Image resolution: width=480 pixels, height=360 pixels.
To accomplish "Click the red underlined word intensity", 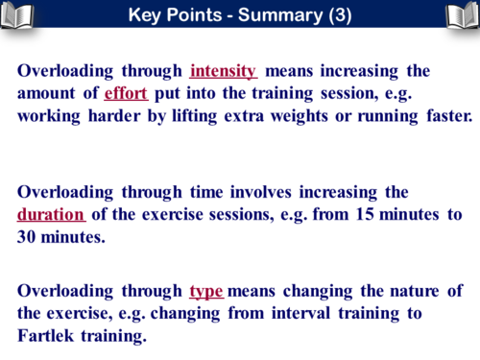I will coord(223,71).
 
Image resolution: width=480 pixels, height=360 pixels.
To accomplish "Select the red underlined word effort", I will coord(125,94).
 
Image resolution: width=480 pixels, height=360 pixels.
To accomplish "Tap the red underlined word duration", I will coord(51,213).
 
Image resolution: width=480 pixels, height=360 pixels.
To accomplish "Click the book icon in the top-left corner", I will coord(18,16).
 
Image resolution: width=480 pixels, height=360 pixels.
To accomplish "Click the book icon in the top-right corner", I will coord(462,16).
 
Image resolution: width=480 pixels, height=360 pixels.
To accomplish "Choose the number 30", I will coord(29,236).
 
